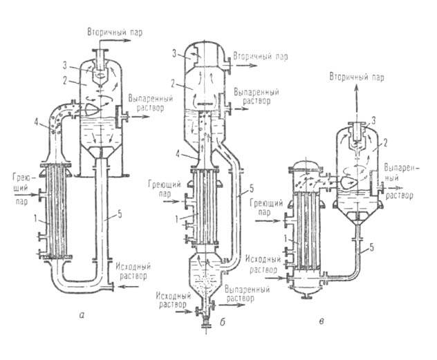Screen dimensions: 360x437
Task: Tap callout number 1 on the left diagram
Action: point(41,222)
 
